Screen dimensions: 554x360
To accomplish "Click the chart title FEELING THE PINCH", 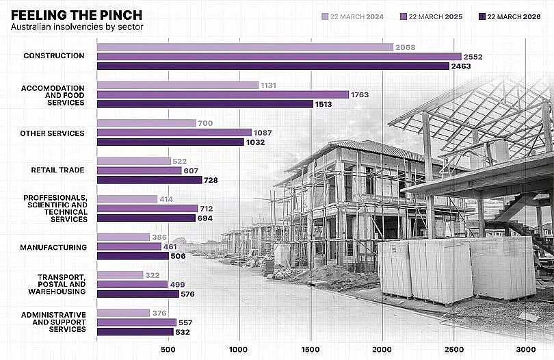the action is coord(77,15).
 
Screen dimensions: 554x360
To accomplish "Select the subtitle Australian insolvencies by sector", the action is coord(77,27).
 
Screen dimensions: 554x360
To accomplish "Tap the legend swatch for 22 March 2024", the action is coord(325,16).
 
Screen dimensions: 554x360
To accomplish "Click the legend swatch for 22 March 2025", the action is coord(404,16).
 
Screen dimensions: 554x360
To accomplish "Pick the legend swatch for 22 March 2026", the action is coord(482,16).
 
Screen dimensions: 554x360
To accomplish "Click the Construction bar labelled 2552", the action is coord(279,57).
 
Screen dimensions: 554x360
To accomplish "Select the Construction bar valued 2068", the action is coord(246,47).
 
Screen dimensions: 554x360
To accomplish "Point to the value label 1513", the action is coord(324,104).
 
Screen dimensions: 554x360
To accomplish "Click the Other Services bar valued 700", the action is coord(146,123).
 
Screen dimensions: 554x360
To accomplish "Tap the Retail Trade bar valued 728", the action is coord(150,180).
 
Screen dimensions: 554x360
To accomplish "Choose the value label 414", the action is coord(166,199).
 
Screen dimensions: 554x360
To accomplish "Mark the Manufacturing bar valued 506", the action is coord(133,256).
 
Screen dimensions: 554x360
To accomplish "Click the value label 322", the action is coord(153,275).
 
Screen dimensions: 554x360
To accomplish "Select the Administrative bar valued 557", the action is coord(137,322).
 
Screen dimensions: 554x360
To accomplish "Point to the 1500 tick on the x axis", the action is coord(311,350).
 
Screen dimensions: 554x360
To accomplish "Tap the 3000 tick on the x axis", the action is coord(526,350).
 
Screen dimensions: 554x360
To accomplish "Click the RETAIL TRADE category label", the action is coord(57,170).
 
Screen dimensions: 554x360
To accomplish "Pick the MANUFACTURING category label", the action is coord(53,248).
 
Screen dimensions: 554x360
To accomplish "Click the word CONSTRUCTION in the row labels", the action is coord(54,56).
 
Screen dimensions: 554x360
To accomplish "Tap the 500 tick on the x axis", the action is coord(168,350).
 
